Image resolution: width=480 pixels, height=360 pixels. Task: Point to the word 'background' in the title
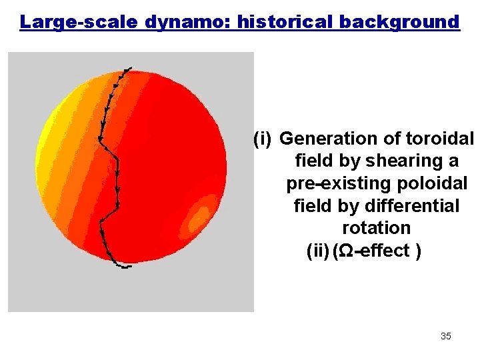(x=399, y=22)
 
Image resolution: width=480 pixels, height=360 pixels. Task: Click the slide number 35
(x=445, y=336)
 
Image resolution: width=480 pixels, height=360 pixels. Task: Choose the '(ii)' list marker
(x=317, y=251)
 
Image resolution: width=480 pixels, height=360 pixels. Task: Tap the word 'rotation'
(x=376, y=228)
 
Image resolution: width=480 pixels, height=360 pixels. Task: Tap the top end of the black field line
(x=129, y=68)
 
